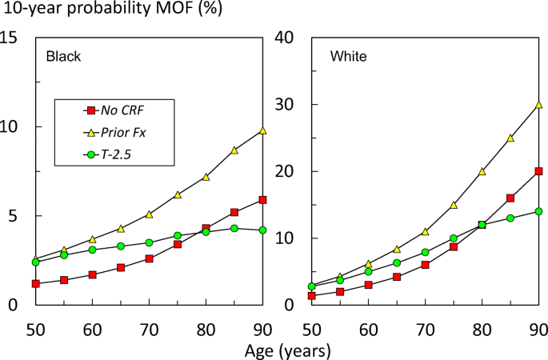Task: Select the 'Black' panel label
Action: (63, 57)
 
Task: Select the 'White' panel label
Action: (348, 57)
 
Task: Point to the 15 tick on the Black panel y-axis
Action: (11, 38)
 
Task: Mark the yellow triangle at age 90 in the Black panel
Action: (263, 130)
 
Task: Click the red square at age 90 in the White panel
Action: (539, 171)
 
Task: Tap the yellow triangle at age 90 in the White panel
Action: (539, 105)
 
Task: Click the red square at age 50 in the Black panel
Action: (36, 283)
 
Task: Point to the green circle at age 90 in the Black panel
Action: (263, 230)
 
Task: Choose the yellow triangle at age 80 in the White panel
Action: (482, 171)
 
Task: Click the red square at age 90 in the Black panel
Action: (263, 200)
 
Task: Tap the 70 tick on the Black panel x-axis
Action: (150, 328)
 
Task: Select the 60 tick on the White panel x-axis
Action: (368, 328)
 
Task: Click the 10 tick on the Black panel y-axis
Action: (11, 126)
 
